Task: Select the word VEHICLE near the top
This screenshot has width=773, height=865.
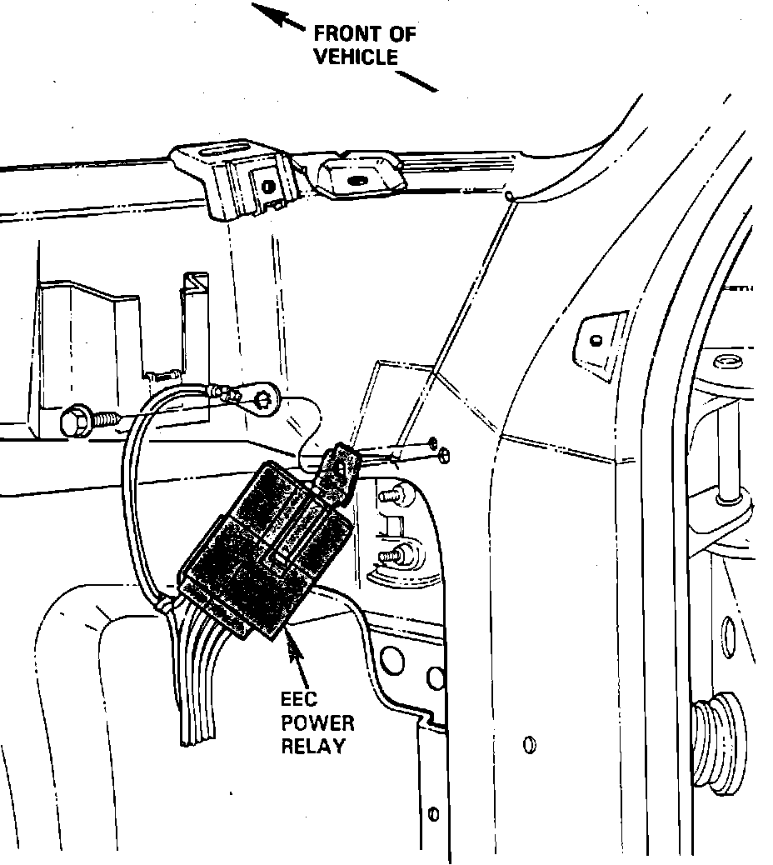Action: pyautogui.click(x=356, y=58)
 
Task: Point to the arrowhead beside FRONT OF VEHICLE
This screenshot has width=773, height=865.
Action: pyautogui.click(x=265, y=11)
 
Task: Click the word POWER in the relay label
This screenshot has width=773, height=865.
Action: pyautogui.click(x=317, y=723)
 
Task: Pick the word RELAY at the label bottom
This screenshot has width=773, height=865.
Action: pyautogui.click(x=313, y=746)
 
